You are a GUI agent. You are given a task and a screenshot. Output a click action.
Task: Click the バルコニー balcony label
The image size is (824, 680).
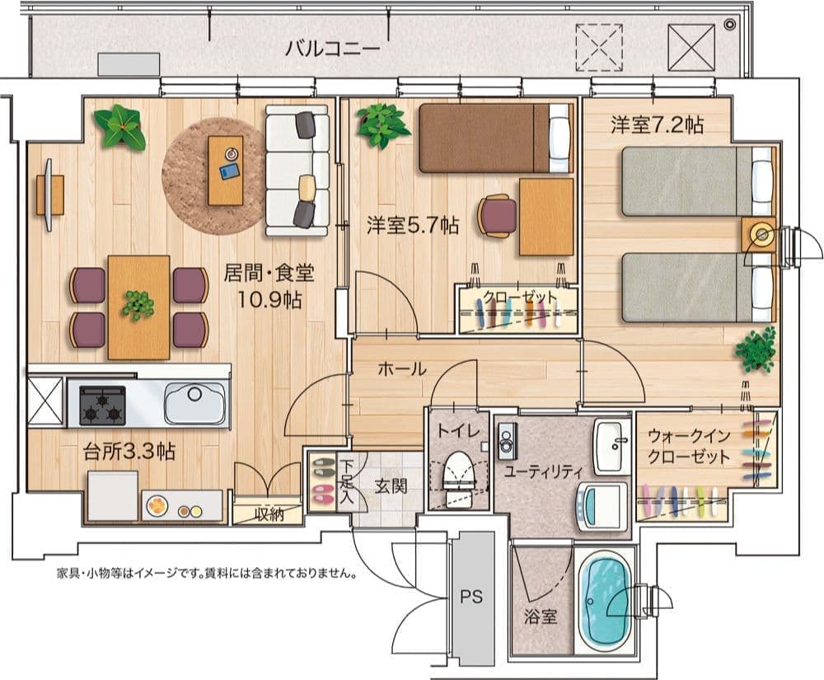332,49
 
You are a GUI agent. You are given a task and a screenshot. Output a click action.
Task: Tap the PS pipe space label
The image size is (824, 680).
471,597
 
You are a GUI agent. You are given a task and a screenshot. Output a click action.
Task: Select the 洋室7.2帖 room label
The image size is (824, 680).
657,125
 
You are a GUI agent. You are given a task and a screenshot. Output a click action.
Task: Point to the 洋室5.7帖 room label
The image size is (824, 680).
413,225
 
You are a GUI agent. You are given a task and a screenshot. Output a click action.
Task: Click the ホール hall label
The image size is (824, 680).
402,369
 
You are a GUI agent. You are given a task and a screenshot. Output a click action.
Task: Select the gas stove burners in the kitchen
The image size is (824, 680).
102,406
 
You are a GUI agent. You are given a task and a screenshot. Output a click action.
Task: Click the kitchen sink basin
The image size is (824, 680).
194,403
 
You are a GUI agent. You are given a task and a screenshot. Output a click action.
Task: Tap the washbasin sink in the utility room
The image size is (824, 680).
611,446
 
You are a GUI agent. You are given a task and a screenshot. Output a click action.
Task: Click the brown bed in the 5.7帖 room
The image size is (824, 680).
495,138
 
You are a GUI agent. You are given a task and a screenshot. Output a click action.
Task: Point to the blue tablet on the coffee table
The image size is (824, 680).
230,171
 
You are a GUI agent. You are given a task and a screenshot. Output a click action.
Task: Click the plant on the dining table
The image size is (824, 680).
138,305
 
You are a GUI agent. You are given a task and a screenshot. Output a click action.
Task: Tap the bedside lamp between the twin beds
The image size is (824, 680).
761,234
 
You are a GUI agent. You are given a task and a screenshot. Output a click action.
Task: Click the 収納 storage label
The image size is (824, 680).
269,514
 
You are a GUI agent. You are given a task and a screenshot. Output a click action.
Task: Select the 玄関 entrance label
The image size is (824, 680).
391,486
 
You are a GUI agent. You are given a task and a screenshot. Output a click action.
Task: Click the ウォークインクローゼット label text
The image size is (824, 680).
688,446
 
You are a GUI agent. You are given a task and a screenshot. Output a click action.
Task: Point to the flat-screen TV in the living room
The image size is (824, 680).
49,195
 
